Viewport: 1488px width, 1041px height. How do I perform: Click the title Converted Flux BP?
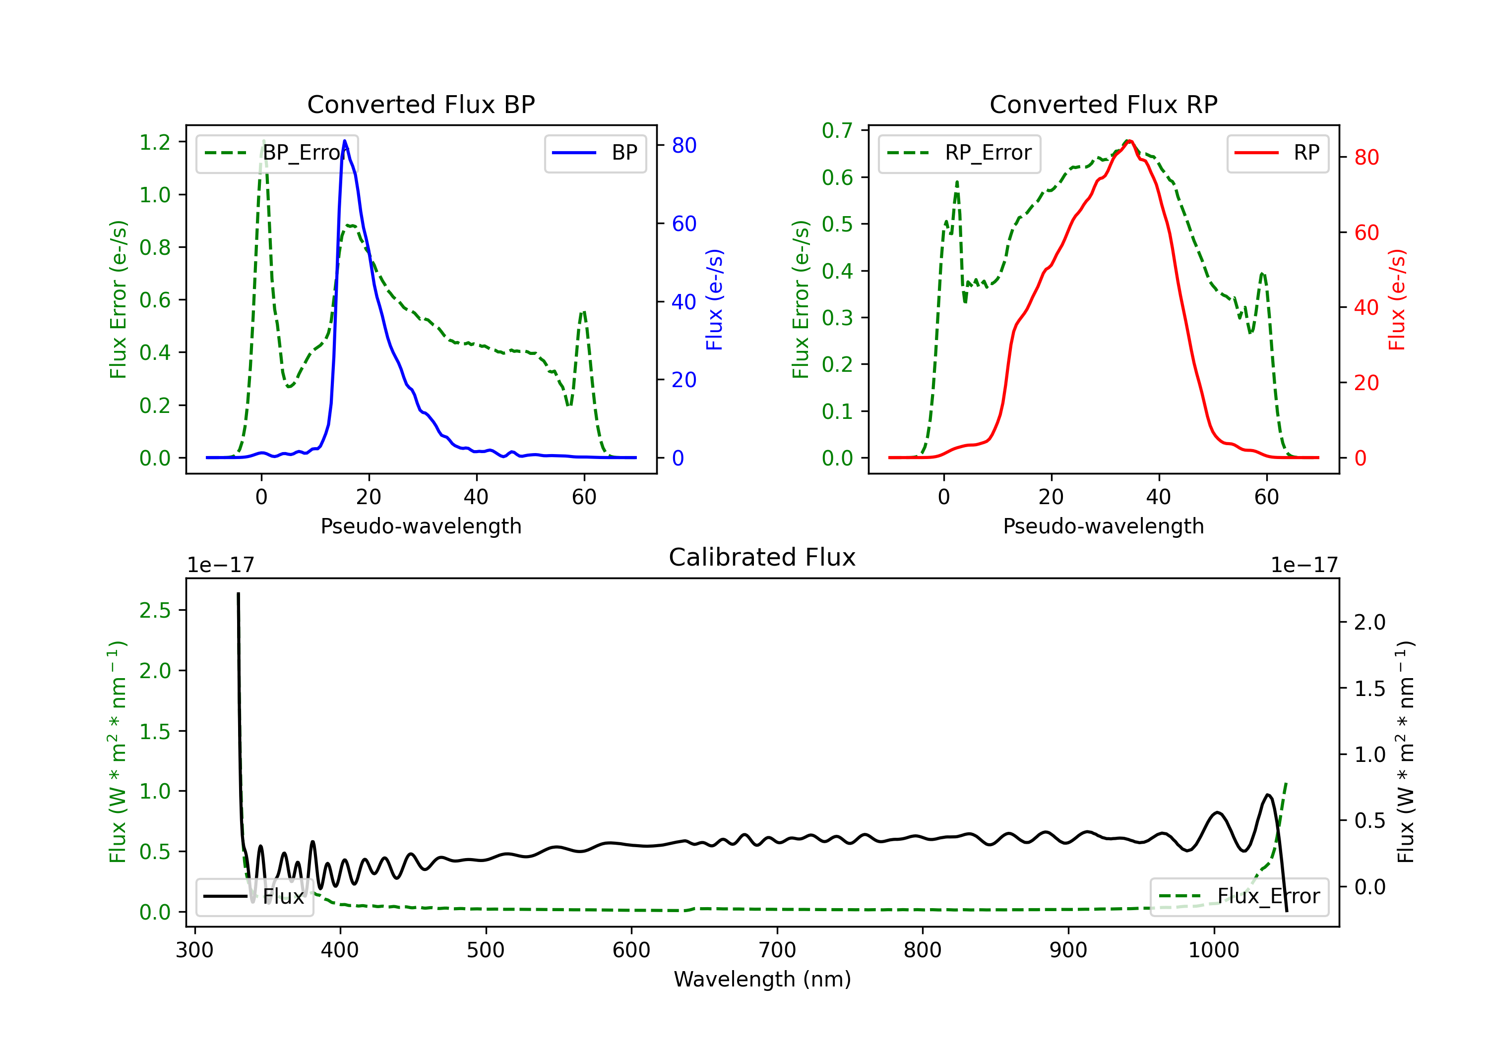421,104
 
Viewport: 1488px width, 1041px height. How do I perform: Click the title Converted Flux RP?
1104,104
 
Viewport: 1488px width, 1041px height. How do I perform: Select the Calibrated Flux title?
762,557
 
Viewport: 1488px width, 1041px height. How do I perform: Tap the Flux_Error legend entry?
1239,897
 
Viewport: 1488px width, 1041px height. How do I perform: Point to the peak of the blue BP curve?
345,141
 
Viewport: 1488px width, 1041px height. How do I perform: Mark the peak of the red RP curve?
1129,141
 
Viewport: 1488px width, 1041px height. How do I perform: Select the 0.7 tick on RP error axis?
837,131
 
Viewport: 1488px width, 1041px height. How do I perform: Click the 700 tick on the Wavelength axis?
777,950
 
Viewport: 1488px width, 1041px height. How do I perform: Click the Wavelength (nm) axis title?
762,980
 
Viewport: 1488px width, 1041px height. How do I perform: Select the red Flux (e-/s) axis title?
1397,299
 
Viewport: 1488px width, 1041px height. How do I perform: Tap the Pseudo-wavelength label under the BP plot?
421,526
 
